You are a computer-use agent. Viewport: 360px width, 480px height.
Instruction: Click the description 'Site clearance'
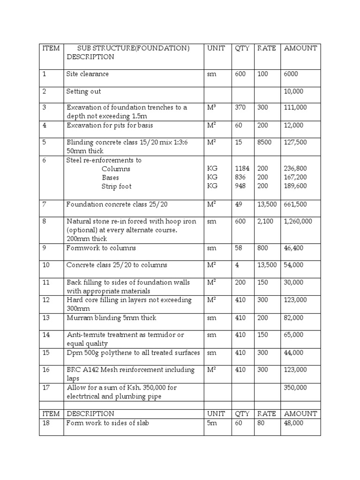click(88, 74)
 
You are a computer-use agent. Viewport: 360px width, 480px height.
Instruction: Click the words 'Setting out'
click(83, 91)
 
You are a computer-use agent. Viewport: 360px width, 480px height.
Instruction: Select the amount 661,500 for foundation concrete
click(296, 204)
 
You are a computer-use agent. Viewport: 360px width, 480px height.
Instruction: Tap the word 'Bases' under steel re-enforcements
click(111, 178)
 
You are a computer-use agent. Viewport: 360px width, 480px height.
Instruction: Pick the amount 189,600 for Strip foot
click(296, 186)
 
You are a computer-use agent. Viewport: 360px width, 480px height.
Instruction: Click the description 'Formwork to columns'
click(101, 247)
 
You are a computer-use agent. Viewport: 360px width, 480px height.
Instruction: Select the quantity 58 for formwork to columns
click(239, 248)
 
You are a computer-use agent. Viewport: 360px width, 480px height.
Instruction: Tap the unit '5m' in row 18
click(212, 423)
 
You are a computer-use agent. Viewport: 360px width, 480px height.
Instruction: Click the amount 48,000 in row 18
click(294, 423)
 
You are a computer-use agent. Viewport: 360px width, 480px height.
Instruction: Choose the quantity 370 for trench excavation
click(240, 107)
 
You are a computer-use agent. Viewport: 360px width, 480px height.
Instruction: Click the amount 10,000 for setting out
click(294, 91)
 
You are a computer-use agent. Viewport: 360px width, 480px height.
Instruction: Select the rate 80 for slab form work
click(261, 423)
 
